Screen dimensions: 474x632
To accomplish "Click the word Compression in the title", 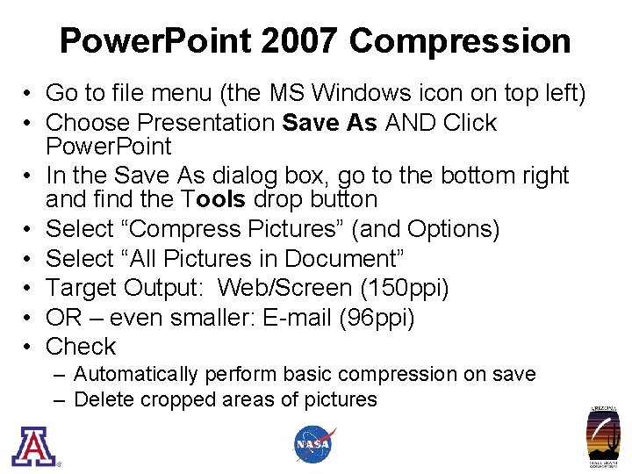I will click(x=460, y=40).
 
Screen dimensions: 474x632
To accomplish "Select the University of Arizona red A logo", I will click(x=33, y=445).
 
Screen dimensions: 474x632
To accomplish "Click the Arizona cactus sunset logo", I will click(x=603, y=438).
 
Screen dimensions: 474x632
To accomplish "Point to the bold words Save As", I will click(x=329, y=123).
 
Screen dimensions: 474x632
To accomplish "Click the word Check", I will click(x=81, y=346).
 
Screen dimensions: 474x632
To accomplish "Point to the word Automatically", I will click(x=136, y=374).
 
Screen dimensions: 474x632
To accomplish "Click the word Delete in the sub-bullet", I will click(x=103, y=400).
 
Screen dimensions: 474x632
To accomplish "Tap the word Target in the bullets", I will click(x=81, y=288).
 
